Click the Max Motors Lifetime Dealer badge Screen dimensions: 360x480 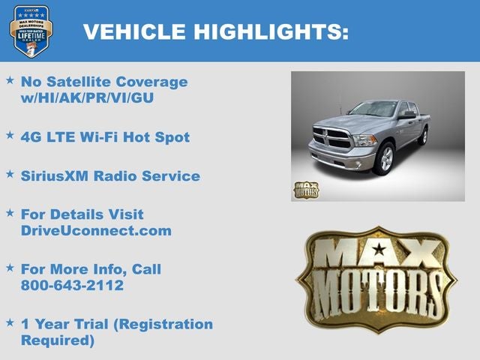[x=31, y=31]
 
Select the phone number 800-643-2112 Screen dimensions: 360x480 [x=72, y=286]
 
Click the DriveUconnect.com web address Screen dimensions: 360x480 [x=96, y=231]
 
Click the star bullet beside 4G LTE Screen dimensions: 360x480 [x=10, y=136]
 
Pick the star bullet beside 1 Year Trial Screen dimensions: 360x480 [x=10, y=322]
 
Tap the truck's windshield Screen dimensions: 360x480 [x=373, y=109]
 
